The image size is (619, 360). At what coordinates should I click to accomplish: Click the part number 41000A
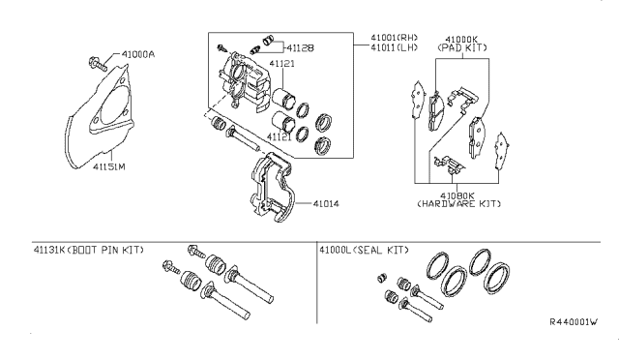point(137,54)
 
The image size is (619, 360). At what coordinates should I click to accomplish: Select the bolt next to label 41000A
point(97,64)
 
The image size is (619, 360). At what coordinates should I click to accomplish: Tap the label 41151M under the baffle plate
point(109,166)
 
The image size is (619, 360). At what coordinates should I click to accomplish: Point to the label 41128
point(300,47)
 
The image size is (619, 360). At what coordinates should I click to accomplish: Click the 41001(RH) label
point(394,38)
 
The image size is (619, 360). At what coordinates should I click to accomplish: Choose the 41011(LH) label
point(394,47)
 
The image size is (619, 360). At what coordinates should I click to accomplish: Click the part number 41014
point(326,204)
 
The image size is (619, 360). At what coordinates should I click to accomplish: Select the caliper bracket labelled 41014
point(273,187)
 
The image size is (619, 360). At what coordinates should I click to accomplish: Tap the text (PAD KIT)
point(462,47)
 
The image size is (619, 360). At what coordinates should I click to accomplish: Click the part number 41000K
point(461,40)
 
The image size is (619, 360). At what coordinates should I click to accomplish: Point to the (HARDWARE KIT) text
point(459,204)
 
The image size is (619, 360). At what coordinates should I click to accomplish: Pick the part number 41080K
point(457,195)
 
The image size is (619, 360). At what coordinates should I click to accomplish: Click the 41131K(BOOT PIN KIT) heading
point(89,250)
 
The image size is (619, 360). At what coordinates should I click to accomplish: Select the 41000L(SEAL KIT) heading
point(364,250)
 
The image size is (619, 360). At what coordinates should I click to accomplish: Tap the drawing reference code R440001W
point(574,321)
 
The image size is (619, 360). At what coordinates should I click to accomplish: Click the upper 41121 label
point(281,63)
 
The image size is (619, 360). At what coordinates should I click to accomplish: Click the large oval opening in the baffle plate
point(115,105)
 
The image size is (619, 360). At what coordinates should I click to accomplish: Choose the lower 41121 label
point(280,136)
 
